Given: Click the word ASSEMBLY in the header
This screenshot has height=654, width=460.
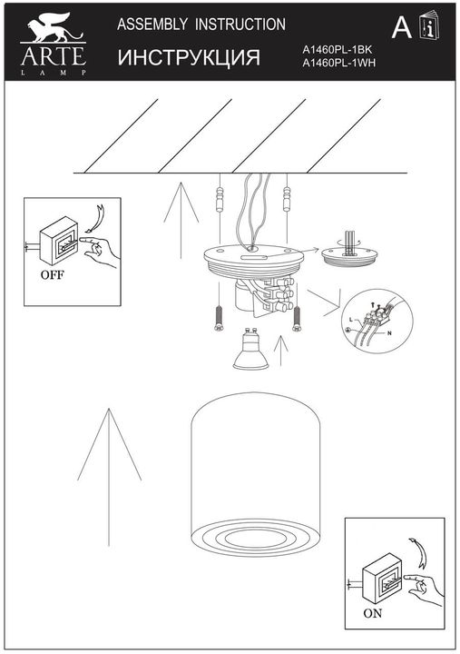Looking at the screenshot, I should click(x=152, y=25).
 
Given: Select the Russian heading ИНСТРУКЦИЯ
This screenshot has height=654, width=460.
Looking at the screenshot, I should click(x=189, y=58).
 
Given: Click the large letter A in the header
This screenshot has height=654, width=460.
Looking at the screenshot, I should click(x=400, y=30).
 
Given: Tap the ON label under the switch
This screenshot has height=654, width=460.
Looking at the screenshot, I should click(x=374, y=612).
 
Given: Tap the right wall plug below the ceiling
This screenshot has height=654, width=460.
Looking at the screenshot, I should click(x=288, y=196).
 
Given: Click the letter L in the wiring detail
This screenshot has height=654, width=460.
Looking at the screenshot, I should click(x=352, y=321).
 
